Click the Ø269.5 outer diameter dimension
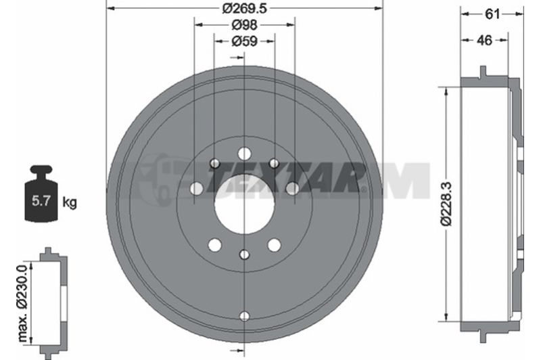tap(245, 8)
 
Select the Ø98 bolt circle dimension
tap(245, 25)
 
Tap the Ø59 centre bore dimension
tap(245, 41)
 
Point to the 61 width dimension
tap(492, 14)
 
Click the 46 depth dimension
tap(484, 41)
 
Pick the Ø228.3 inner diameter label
tap(446, 204)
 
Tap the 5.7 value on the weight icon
tap(41, 200)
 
